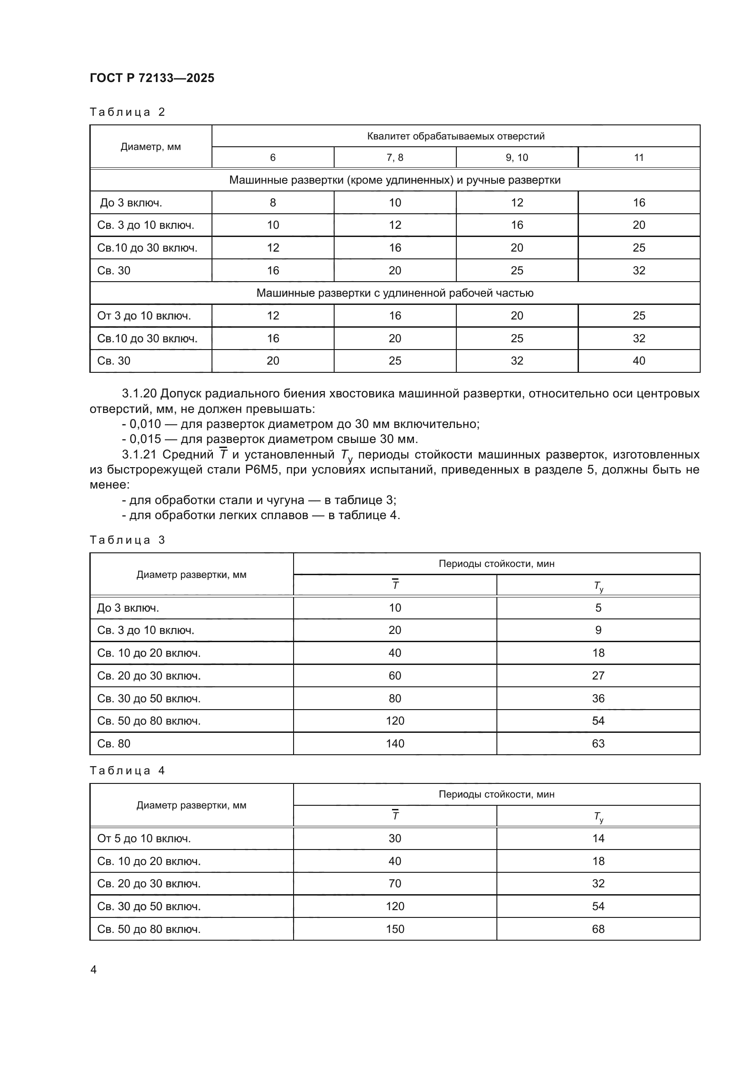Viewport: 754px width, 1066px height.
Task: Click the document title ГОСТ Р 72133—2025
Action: [152, 78]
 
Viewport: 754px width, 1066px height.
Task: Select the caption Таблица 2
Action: [127, 112]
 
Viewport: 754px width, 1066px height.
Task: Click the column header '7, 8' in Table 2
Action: [395, 157]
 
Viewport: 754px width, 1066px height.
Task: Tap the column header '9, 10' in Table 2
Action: [517, 157]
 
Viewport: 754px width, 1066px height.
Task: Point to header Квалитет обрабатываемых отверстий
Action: [455, 136]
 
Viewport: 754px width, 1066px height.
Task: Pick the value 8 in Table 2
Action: [273, 202]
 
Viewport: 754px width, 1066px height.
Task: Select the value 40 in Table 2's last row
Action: [639, 361]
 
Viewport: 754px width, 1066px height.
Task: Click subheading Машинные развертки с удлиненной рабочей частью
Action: [395, 293]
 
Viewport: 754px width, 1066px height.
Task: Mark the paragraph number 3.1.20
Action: [139, 394]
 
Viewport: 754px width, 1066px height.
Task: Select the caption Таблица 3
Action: [127, 540]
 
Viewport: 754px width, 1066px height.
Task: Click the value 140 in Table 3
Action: [395, 743]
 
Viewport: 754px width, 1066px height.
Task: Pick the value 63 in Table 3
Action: [598, 743]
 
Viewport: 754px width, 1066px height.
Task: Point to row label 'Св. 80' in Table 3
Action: [114, 743]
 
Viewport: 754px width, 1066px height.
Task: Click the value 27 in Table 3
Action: [598, 675]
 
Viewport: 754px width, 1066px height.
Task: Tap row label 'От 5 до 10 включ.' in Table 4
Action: [144, 839]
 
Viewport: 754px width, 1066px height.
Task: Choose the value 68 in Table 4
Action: [598, 929]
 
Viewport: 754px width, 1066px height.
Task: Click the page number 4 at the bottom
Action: [93, 970]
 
